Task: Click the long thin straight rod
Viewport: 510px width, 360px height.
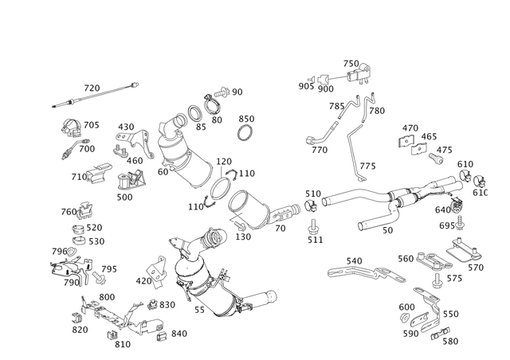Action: (x=92, y=94)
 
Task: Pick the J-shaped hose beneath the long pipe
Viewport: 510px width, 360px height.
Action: (x=375, y=227)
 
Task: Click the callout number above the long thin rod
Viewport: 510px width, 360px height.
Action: (x=95, y=85)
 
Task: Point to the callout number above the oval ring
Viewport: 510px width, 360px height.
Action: (x=246, y=118)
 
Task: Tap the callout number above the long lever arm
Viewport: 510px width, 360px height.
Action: (x=354, y=260)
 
